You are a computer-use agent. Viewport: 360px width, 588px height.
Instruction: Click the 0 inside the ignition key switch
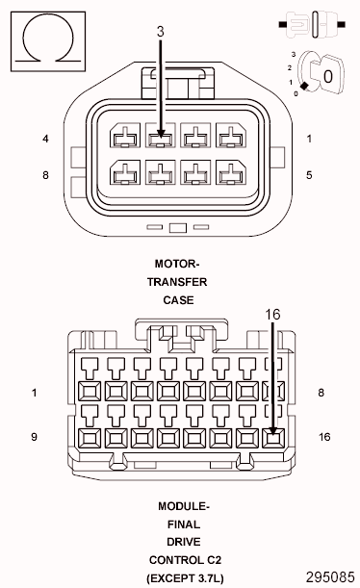point(327,74)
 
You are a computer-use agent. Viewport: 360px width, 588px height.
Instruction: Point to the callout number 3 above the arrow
point(161,32)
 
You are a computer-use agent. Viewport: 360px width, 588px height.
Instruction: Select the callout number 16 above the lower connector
point(273,314)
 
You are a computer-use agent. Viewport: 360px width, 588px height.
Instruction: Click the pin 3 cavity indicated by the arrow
point(161,138)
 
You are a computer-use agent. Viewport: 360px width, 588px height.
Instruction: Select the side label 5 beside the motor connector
point(309,175)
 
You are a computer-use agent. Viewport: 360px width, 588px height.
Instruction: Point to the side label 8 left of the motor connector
point(45,175)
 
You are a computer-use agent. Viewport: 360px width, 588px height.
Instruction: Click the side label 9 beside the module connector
point(34,437)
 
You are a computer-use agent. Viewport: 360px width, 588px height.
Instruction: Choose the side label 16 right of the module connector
point(324,437)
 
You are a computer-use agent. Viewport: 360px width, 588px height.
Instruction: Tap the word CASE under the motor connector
point(179,299)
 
